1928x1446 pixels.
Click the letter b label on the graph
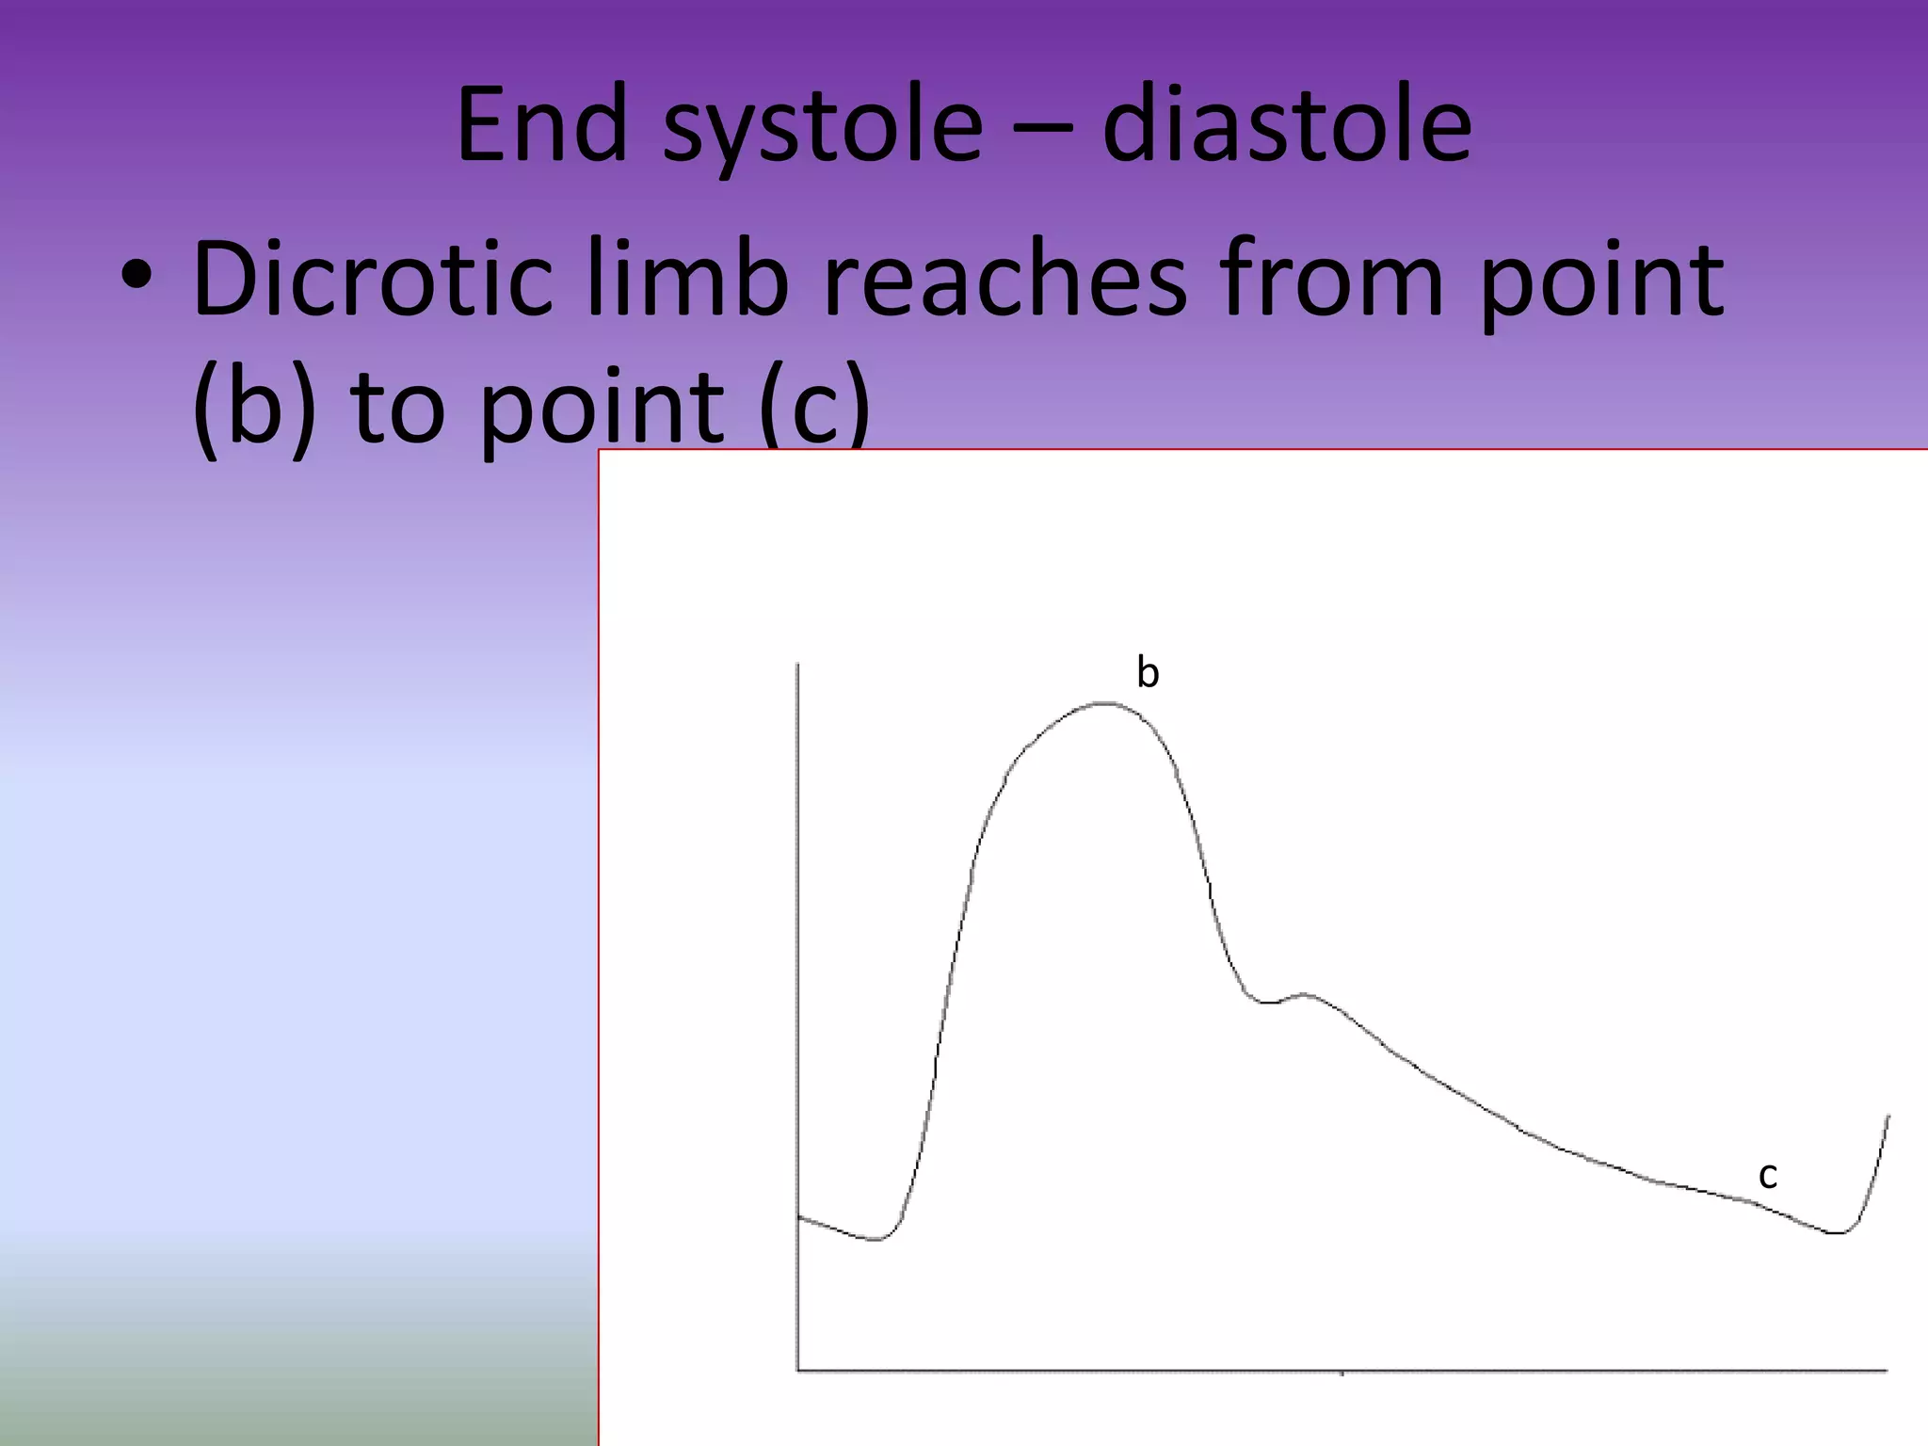click(x=1148, y=672)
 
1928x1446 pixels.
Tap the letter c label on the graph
click(x=1767, y=1174)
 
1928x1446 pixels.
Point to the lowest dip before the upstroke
click(x=876, y=1239)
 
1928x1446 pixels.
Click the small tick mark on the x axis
click(x=1342, y=1373)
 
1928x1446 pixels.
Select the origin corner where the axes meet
click(x=798, y=1370)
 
